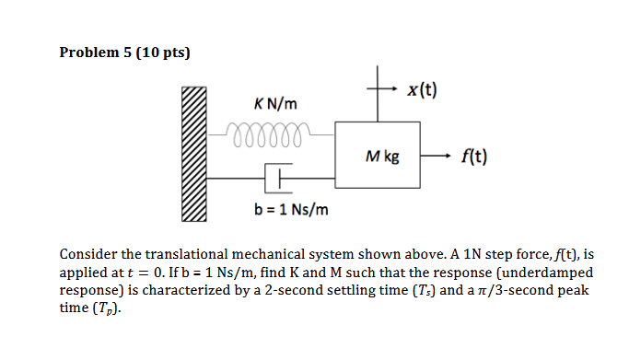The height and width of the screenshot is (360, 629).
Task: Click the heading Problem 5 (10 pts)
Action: [x=124, y=52]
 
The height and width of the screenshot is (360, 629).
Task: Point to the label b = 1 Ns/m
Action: [x=291, y=211]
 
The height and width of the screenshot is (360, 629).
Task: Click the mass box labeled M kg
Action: [x=380, y=157]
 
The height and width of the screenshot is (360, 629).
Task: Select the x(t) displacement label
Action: [x=421, y=90]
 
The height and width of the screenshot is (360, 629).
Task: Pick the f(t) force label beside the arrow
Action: [x=472, y=157]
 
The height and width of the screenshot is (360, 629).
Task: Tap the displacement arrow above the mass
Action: [x=390, y=91]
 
